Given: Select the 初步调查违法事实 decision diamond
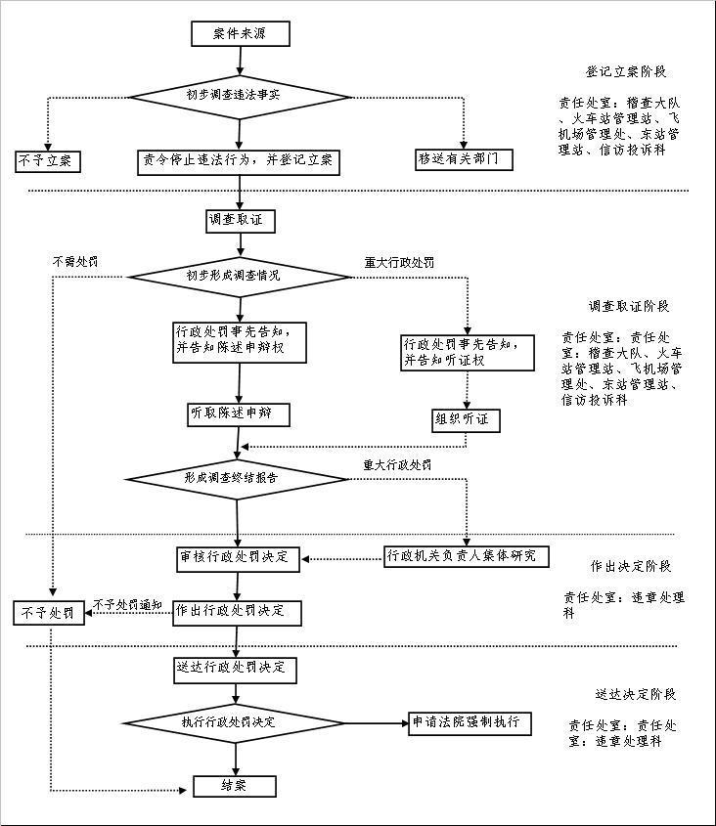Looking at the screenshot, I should [x=239, y=97].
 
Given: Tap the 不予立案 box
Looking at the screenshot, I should [x=47, y=160].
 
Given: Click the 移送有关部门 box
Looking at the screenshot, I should [x=465, y=158].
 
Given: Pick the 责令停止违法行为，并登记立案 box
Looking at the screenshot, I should [x=238, y=160].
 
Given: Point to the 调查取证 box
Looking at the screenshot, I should [x=239, y=221].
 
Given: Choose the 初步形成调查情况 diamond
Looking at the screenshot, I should [x=239, y=276].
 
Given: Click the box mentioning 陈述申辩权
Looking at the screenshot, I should [x=238, y=339].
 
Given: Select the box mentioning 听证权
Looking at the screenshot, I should [x=468, y=352].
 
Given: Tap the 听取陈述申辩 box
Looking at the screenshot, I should [x=239, y=414].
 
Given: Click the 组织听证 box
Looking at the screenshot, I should [x=467, y=421].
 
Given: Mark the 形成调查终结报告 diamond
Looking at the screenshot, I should [x=236, y=479].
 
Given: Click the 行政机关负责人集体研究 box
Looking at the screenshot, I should [x=466, y=556].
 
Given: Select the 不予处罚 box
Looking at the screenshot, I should [x=47, y=613].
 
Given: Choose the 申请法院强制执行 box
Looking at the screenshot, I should [x=471, y=724].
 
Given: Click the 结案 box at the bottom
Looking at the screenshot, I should [x=236, y=786].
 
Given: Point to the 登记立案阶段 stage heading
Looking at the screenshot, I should [x=627, y=72].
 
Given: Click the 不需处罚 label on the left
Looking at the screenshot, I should [x=75, y=262].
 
